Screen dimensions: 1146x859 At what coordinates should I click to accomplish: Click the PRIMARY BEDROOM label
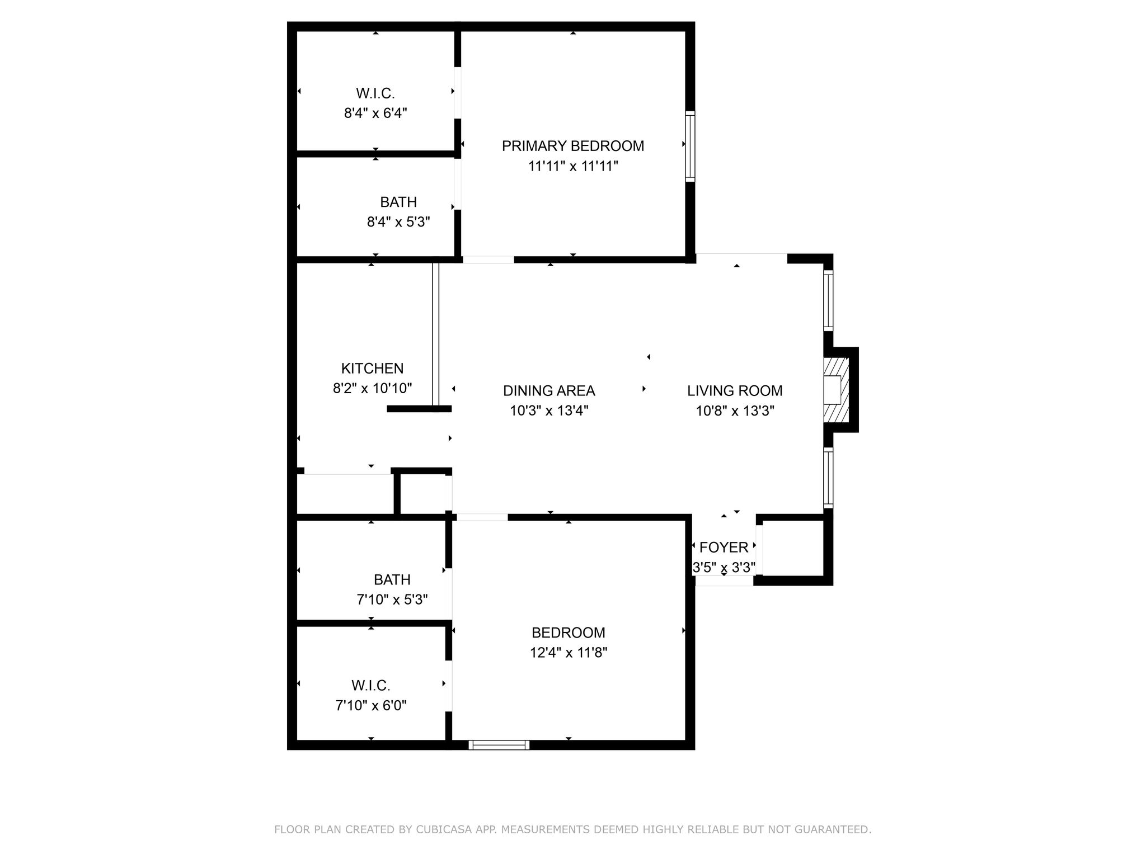[572, 146]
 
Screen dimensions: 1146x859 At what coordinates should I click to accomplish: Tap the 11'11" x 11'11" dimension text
[573, 166]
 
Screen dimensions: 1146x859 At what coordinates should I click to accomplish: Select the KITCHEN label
[372, 369]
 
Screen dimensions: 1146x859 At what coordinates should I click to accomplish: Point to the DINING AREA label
[549, 391]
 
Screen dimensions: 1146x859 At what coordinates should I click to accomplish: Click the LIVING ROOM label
[735, 391]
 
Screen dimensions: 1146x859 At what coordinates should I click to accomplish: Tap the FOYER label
[724, 548]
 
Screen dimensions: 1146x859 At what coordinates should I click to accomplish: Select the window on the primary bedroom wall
[691, 146]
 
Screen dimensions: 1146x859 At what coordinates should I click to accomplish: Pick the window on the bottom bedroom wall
[499, 745]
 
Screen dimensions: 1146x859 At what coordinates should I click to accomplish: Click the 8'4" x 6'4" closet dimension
[375, 114]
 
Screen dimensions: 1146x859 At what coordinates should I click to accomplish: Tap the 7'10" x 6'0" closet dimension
[371, 706]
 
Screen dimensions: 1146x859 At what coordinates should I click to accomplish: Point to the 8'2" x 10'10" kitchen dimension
[372, 388]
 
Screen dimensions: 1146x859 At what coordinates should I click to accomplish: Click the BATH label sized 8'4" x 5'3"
[398, 202]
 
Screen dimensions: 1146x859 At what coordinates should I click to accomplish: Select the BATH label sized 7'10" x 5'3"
[392, 579]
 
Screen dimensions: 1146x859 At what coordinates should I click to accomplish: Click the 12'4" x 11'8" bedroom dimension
[569, 653]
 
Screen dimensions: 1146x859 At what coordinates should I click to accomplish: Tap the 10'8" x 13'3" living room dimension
[735, 411]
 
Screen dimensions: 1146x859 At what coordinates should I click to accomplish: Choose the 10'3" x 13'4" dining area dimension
[549, 411]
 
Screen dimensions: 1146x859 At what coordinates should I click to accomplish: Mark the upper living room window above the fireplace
[828, 301]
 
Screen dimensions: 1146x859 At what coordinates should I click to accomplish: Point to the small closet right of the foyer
[793, 548]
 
